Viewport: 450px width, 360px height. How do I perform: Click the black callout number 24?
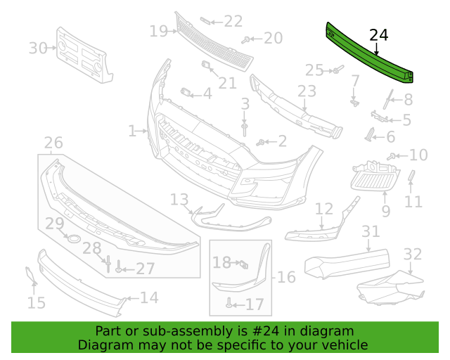pos(378,35)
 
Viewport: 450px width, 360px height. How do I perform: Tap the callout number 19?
pos(158,31)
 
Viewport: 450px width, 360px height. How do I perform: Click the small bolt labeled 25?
pos(338,70)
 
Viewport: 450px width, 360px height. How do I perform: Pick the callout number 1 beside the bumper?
pos(132,131)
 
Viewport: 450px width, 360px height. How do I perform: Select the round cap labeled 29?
pos(74,238)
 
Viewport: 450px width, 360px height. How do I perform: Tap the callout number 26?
pos(53,143)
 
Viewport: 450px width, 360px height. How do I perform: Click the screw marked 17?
pos(229,302)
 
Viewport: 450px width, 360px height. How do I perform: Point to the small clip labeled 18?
pos(244,264)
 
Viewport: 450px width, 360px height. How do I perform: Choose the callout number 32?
pos(413,254)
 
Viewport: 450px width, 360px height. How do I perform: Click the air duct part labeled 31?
pos(347,264)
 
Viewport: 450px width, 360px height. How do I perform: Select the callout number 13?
pos(179,200)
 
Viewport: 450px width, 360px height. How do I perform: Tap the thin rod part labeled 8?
pos(388,99)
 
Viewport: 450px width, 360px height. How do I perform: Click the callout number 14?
pos(149,297)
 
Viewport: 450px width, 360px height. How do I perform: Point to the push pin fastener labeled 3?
pos(244,129)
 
